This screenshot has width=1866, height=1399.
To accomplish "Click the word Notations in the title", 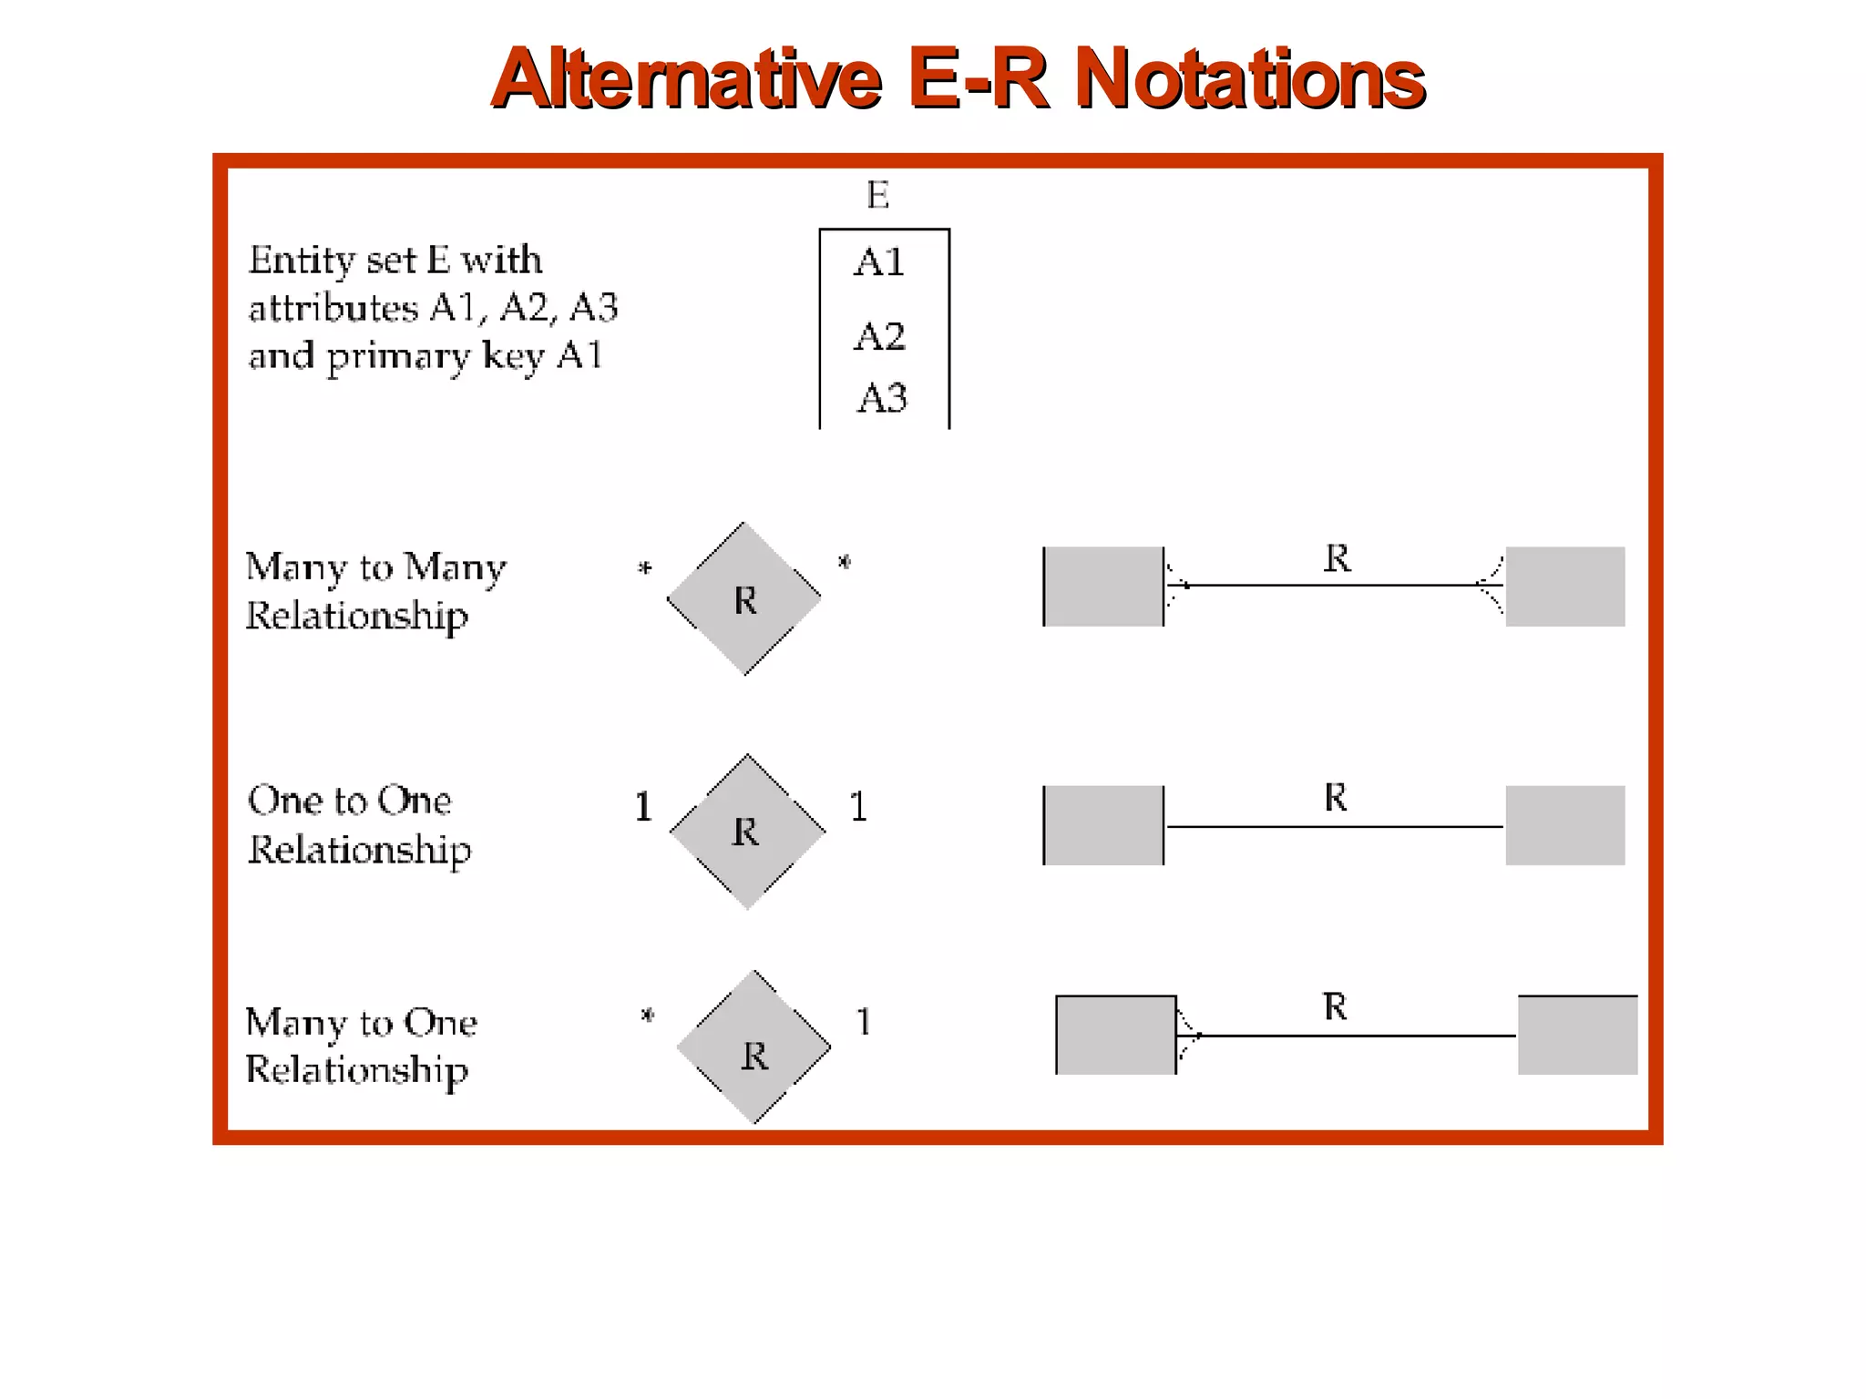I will click(x=1249, y=79).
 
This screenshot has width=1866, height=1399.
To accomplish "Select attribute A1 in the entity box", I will click(x=879, y=262).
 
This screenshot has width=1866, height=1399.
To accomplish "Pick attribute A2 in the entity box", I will click(x=879, y=336).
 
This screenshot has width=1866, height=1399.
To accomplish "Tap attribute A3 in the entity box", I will click(x=882, y=398).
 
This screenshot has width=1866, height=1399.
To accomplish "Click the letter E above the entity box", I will click(x=877, y=195).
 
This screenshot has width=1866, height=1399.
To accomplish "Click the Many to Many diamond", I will click(x=744, y=598).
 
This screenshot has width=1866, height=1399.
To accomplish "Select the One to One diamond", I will click(x=747, y=831).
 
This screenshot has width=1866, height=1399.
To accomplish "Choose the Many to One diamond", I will click(x=754, y=1047).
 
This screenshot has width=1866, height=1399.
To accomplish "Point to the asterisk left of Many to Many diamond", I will click(x=645, y=569).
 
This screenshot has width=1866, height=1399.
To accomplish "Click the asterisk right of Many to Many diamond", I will click(x=845, y=563).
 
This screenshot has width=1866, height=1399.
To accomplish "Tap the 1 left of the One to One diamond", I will click(x=643, y=807).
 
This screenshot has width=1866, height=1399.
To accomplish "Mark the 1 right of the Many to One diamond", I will click(x=863, y=1022).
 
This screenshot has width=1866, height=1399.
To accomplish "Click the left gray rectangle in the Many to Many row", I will click(x=1103, y=587).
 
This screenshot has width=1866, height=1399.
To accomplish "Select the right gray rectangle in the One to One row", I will click(x=1564, y=825).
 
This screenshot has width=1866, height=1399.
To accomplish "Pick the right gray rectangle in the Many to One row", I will click(x=1577, y=1035).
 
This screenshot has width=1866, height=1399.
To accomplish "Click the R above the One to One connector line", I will click(x=1335, y=797).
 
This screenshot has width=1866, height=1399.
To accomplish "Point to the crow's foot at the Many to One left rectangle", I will click(x=1188, y=1036).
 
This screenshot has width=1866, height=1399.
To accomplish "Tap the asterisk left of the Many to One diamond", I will click(x=648, y=1015).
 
